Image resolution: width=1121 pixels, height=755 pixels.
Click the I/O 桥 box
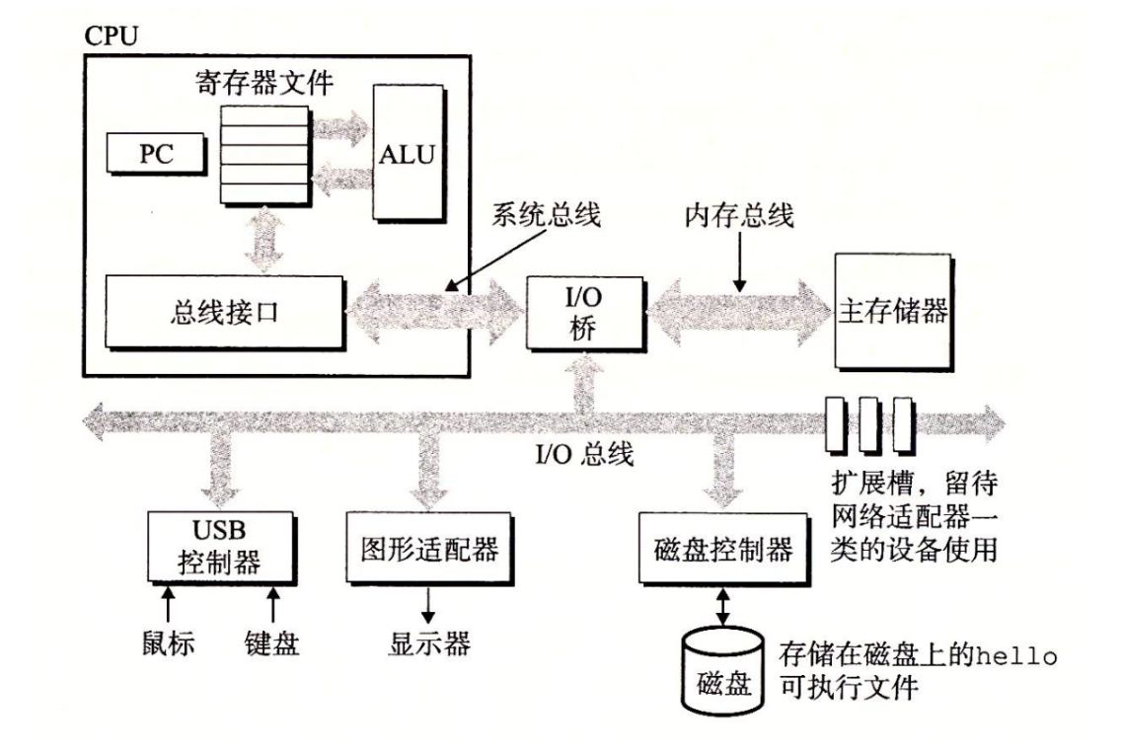584,312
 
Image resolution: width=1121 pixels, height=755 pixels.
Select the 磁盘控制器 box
723,550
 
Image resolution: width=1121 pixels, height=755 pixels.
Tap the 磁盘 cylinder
723,676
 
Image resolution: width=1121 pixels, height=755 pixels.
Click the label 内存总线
739,216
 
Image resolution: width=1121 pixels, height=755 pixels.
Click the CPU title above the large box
111,37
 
